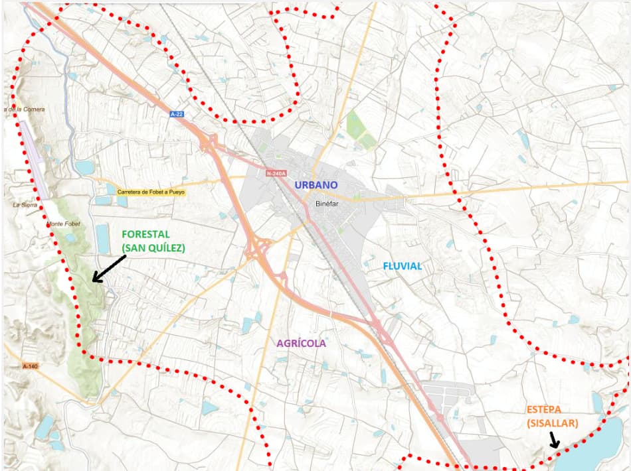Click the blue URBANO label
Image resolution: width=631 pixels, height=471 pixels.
316,185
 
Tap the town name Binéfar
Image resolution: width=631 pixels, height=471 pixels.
327,204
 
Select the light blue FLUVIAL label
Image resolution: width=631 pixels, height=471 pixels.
402,266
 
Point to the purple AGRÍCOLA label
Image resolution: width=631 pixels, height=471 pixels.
302,343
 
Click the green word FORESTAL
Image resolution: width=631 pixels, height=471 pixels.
145,235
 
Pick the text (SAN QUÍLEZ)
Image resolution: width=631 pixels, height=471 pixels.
153,248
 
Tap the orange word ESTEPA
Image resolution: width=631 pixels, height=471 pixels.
548,409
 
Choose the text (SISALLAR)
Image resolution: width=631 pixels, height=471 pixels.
553,423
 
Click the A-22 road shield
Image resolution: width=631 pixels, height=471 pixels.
177,114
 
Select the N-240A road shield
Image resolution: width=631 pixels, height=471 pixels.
275,174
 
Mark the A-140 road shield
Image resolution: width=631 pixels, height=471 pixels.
31,366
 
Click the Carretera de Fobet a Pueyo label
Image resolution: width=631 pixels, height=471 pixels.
151,192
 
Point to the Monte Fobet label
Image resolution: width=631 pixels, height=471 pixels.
63,224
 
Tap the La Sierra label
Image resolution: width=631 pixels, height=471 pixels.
25,205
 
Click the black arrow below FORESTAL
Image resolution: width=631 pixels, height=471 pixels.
108,269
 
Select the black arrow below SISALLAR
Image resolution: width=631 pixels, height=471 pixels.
554,440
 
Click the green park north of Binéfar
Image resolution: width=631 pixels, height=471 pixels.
360,130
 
